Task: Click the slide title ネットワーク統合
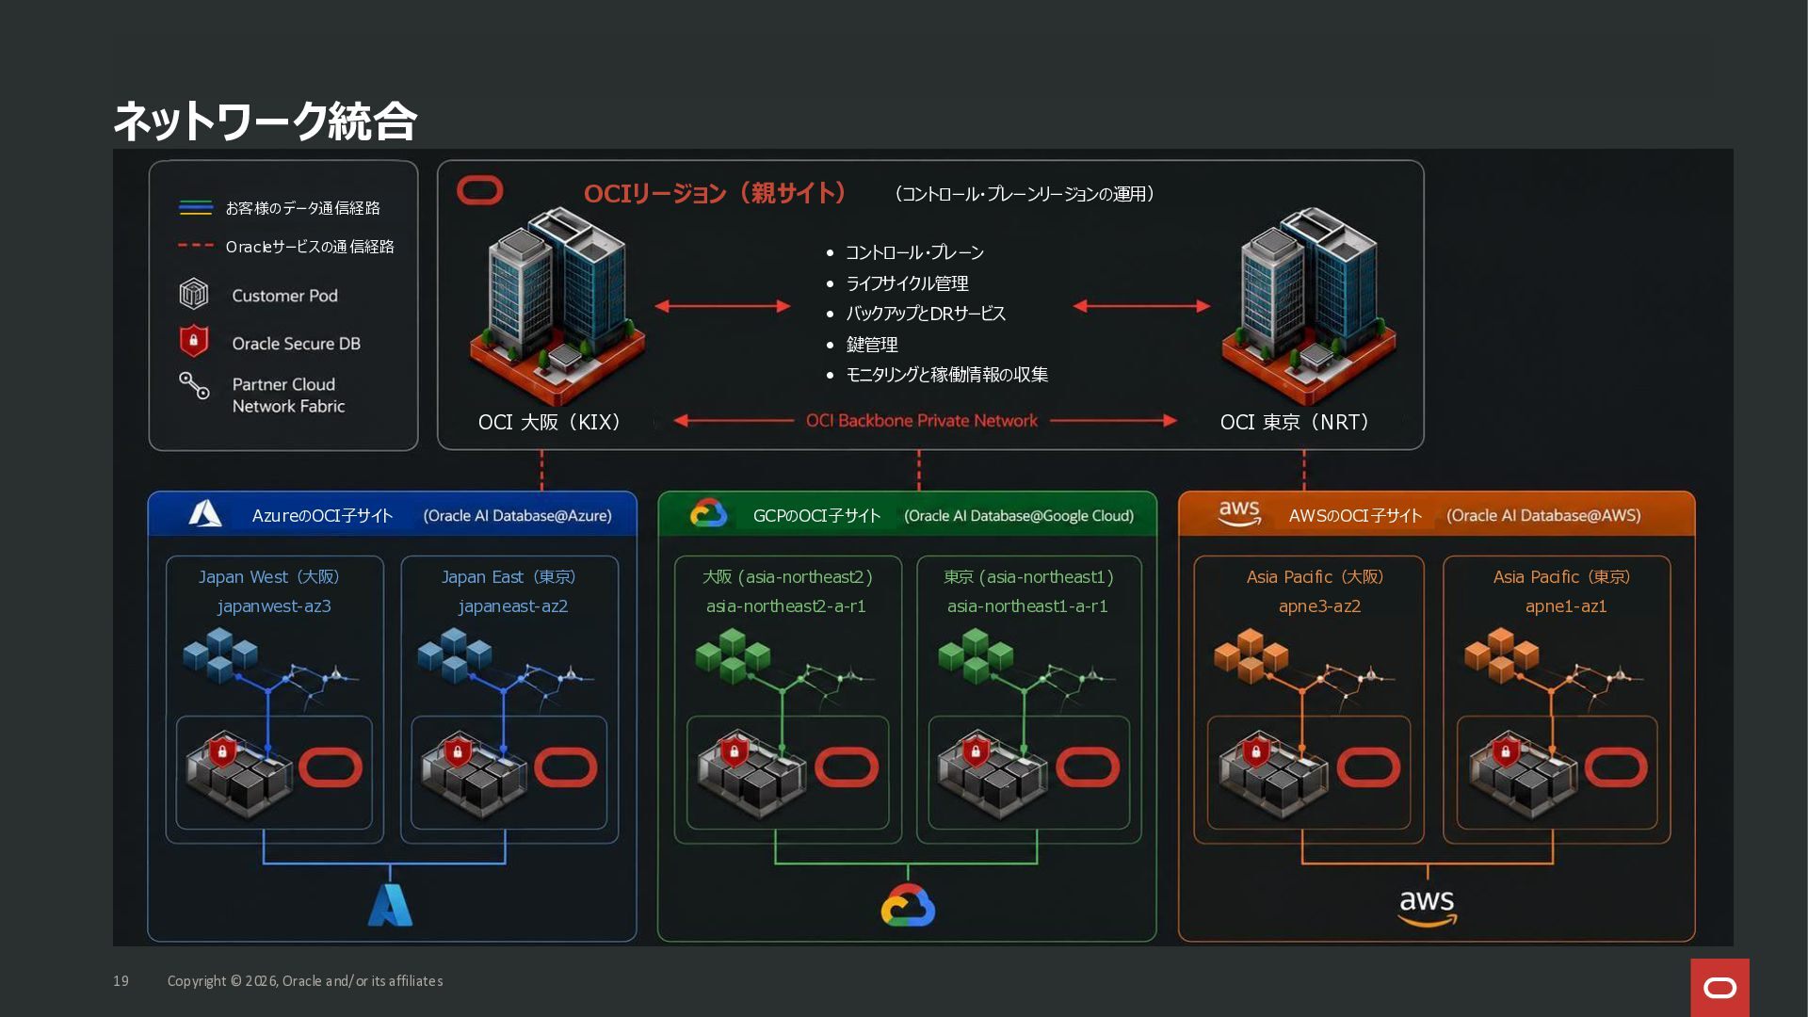pyautogui.click(x=265, y=121)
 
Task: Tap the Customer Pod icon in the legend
pyautogui.click(x=193, y=294)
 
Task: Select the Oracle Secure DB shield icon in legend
pyautogui.click(x=193, y=341)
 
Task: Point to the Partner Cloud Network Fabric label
pyautogui.click(x=288, y=395)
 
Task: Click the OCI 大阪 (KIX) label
pyautogui.click(x=550, y=422)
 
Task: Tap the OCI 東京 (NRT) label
pyautogui.click(x=1295, y=422)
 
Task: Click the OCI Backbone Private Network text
pyautogui.click(x=921, y=421)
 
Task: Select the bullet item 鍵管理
pyautogui.click(x=872, y=345)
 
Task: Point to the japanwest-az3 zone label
pyautogui.click(x=274, y=606)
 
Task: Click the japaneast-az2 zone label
pyautogui.click(x=513, y=606)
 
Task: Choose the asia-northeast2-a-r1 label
pyautogui.click(x=786, y=606)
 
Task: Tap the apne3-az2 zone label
pyautogui.click(x=1319, y=606)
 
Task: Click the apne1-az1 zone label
pyautogui.click(x=1566, y=606)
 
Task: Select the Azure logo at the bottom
pyautogui.click(x=390, y=905)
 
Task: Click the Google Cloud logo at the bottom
pyautogui.click(x=908, y=905)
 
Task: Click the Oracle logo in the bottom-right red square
pyautogui.click(x=1719, y=988)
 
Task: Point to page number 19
pyautogui.click(x=121, y=981)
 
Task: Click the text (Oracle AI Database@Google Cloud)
pyautogui.click(x=1019, y=516)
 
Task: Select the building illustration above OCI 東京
pyautogui.click(x=1308, y=306)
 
